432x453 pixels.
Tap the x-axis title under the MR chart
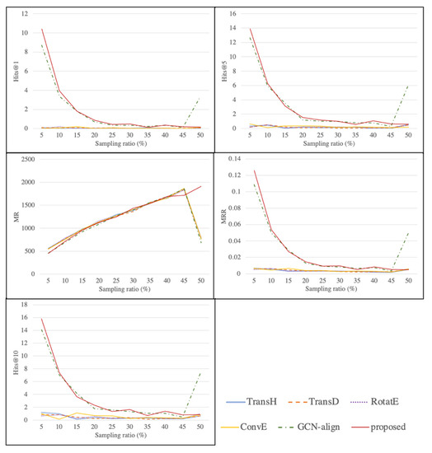[118, 288]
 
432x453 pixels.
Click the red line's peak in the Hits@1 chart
[41, 30]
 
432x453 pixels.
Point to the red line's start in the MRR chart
[254, 170]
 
